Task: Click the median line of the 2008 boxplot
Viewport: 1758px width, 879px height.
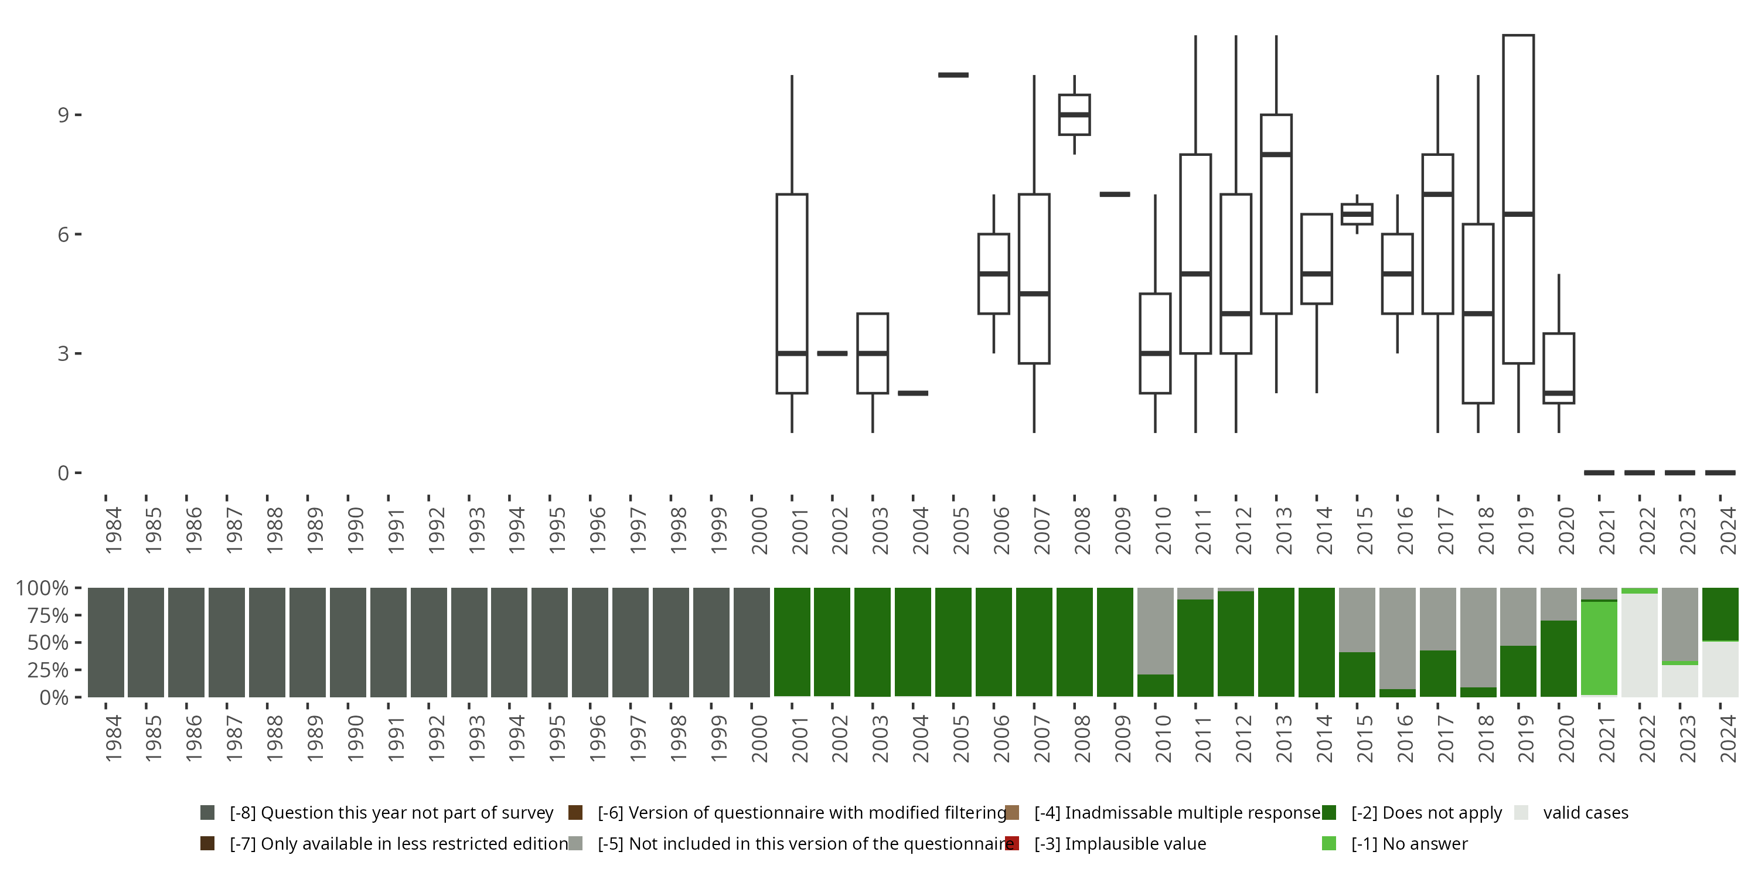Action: point(1074,115)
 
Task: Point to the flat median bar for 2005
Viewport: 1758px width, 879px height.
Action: point(953,75)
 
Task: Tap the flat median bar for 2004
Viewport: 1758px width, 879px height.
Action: point(912,393)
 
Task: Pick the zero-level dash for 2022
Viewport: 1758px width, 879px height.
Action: point(1639,472)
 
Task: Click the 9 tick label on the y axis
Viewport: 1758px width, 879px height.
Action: point(63,115)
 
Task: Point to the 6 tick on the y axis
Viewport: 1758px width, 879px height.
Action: point(63,234)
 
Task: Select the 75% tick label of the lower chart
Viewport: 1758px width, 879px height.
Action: point(42,615)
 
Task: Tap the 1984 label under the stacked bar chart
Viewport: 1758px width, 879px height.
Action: point(113,738)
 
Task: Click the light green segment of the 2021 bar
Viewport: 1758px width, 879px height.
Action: point(1599,648)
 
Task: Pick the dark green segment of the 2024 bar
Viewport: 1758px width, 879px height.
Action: point(1720,614)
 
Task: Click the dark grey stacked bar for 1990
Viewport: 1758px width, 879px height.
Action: point(348,642)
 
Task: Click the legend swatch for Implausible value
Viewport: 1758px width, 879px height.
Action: point(1012,843)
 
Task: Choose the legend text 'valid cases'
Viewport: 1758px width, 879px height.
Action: point(1585,813)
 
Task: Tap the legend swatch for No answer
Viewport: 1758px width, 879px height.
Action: point(1328,843)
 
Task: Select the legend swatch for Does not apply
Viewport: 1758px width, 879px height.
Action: point(1328,813)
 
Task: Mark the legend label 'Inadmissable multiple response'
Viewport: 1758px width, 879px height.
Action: point(1177,813)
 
